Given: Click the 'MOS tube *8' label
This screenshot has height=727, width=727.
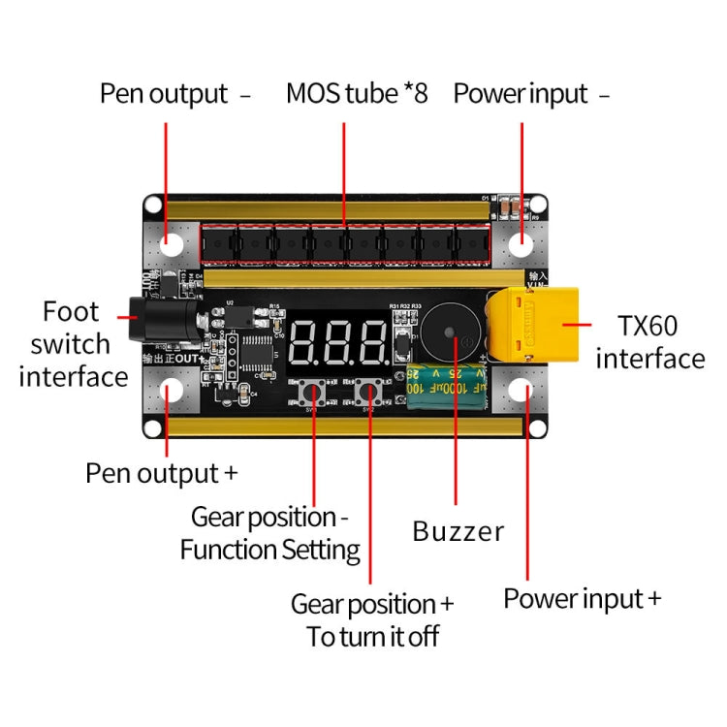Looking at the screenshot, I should point(357,94).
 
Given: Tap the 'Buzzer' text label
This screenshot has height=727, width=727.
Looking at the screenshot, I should point(458,531).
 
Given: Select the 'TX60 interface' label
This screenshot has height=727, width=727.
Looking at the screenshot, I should point(649,342).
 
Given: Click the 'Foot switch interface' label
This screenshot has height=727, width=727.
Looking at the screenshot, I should point(73,343).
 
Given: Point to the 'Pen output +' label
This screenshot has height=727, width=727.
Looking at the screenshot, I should point(162,473).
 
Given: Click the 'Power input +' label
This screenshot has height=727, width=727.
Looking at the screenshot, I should point(582,598).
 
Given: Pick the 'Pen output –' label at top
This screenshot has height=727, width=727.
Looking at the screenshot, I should point(175,94).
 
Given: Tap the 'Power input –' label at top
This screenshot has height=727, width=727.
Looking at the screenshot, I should point(531,94).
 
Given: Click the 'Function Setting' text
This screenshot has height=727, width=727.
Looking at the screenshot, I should point(269,551).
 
